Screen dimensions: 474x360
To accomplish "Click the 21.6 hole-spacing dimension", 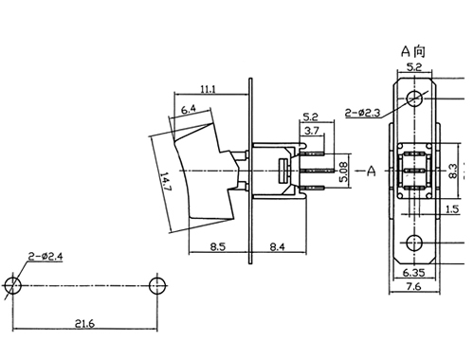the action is (84, 323).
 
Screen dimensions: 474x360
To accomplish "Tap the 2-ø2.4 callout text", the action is (46, 256).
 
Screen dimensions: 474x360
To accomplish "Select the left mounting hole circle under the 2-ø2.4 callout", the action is (13, 285).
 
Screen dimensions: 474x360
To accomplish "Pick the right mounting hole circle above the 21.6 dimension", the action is (157, 285).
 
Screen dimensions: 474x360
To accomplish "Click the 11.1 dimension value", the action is (208, 89).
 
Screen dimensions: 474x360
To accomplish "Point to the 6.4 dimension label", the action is (189, 110).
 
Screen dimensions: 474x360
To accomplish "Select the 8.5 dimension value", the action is (218, 246).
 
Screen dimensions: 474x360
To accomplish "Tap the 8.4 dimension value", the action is (277, 246).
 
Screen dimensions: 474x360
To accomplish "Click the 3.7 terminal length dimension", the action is (312, 130).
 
